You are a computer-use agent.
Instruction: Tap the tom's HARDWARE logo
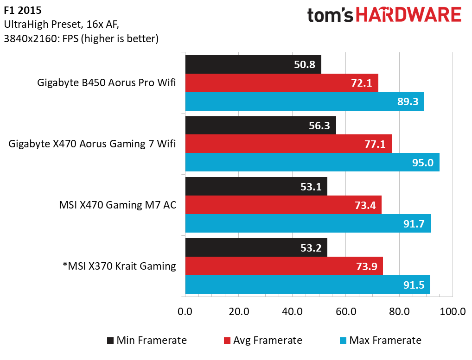(384, 16)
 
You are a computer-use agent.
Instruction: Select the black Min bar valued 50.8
(253, 64)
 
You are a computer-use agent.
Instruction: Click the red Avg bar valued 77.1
(288, 144)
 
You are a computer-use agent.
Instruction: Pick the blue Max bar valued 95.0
(312, 162)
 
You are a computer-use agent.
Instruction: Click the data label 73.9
(366, 266)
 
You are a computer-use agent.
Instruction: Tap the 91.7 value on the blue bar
(414, 223)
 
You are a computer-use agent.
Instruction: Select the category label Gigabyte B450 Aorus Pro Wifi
(107, 83)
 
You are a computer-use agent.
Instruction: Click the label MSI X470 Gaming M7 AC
(118, 204)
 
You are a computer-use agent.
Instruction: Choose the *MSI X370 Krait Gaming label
(120, 265)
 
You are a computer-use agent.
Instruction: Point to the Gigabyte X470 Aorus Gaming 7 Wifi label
(92, 144)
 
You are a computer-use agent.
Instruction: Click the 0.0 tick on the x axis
(185, 311)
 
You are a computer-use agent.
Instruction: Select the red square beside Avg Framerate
(227, 341)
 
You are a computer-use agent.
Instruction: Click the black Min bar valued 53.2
(256, 247)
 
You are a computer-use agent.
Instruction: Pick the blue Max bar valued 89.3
(305, 101)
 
